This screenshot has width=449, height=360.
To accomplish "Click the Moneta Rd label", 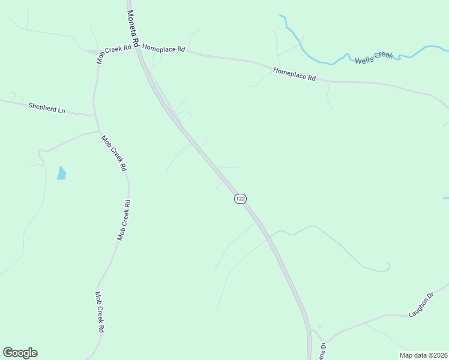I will click(133, 28).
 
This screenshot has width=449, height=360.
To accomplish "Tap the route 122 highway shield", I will click(240, 199).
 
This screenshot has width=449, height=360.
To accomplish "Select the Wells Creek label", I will click(373, 58).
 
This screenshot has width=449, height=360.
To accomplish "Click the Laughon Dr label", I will click(421, 305).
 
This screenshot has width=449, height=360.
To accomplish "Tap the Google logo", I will click(20, 353).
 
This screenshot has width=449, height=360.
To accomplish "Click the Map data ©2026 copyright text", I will click(423, 355).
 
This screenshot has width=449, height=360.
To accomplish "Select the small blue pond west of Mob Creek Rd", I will click(61, 173).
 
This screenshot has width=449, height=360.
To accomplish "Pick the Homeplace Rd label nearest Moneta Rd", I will click(164, 48).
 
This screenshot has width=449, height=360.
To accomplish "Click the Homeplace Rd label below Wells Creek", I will click(294, 74).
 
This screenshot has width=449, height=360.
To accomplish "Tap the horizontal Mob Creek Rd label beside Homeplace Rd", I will click(114, 53).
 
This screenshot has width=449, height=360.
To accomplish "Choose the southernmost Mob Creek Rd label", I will click(100, 312).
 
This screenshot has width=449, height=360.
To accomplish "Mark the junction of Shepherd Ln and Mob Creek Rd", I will click(94, 115).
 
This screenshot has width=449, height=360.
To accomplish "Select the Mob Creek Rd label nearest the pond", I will click(113, 153).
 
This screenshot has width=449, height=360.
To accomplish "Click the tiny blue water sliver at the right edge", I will click(446, 197).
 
